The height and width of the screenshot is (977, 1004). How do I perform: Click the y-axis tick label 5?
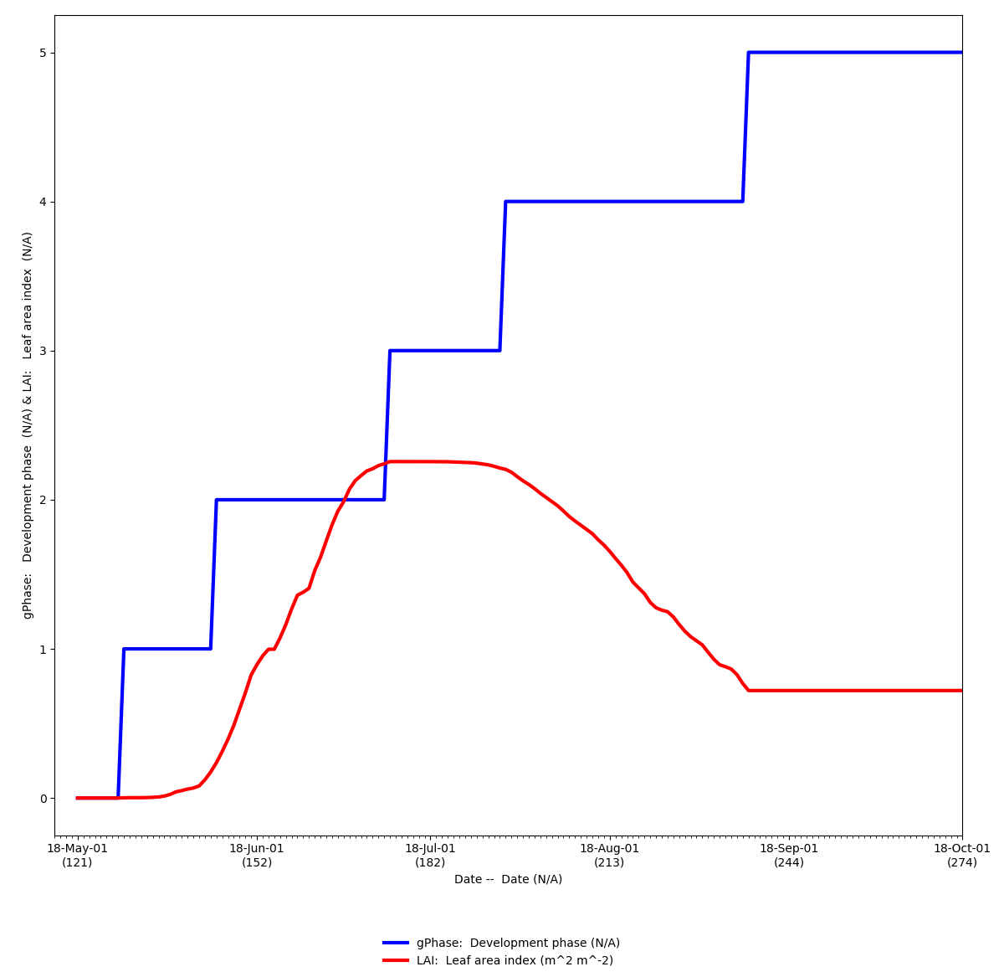point(43,53)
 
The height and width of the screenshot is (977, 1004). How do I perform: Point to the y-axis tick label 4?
point(43,202)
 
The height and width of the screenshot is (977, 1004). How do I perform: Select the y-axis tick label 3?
point(43,351)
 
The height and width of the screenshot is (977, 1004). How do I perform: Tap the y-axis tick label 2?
point(43,500)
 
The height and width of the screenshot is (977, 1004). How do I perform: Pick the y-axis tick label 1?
point(43,649)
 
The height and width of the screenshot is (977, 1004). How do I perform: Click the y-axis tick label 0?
point(43,798)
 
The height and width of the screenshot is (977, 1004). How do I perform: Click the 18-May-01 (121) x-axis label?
point(77,855)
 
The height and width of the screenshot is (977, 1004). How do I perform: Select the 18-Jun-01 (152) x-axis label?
point(257,855)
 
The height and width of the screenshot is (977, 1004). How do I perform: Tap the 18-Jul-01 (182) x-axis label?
point(430,855)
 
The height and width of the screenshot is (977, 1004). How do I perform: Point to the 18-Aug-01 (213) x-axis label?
point(609,855)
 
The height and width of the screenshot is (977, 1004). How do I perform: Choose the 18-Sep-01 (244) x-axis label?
point(789,855)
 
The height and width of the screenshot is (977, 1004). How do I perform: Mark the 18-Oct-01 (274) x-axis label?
point(961,855)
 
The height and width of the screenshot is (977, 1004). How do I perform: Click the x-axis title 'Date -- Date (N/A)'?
point(508,879)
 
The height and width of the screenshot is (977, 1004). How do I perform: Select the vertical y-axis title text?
point(28,425)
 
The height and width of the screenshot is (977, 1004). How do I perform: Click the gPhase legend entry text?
point(518,943)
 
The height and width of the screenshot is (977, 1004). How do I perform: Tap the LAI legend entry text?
point(515,960)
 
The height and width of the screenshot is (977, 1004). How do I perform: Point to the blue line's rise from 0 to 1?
point(120,723)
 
